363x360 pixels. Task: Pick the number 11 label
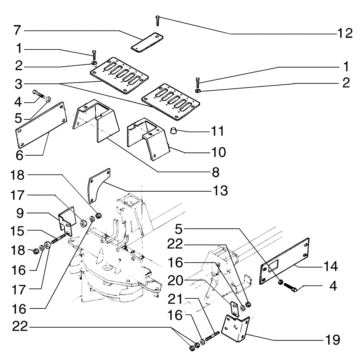pyautogui.click(x=218, y=130)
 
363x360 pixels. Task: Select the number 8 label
pyautogui.click(x=216, y=172)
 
